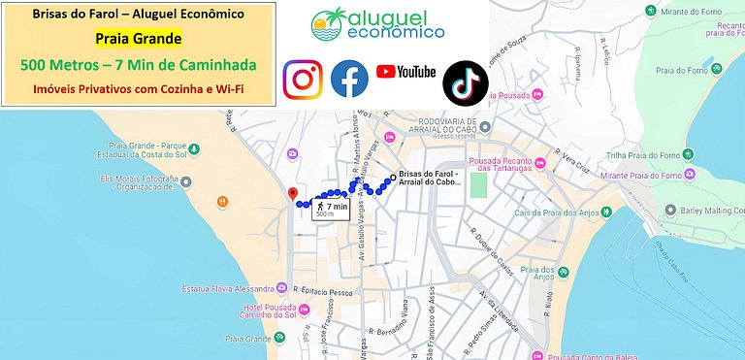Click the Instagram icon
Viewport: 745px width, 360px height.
click(303, 80)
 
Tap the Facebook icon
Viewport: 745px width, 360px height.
click(349, 80)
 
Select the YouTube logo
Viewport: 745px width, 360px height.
click(405, 72)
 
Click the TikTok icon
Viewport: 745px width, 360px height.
click(465, 82)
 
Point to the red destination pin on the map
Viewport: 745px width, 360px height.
click(293, 194)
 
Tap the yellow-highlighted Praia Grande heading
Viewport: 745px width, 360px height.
click(139, 40)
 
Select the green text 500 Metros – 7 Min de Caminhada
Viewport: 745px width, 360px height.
click(139, 66)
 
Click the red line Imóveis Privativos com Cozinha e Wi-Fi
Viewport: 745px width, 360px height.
click(139, 89)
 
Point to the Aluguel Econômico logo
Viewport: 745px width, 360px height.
click(378, 24)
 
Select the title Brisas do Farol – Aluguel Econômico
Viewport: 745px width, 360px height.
click(139, 15)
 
